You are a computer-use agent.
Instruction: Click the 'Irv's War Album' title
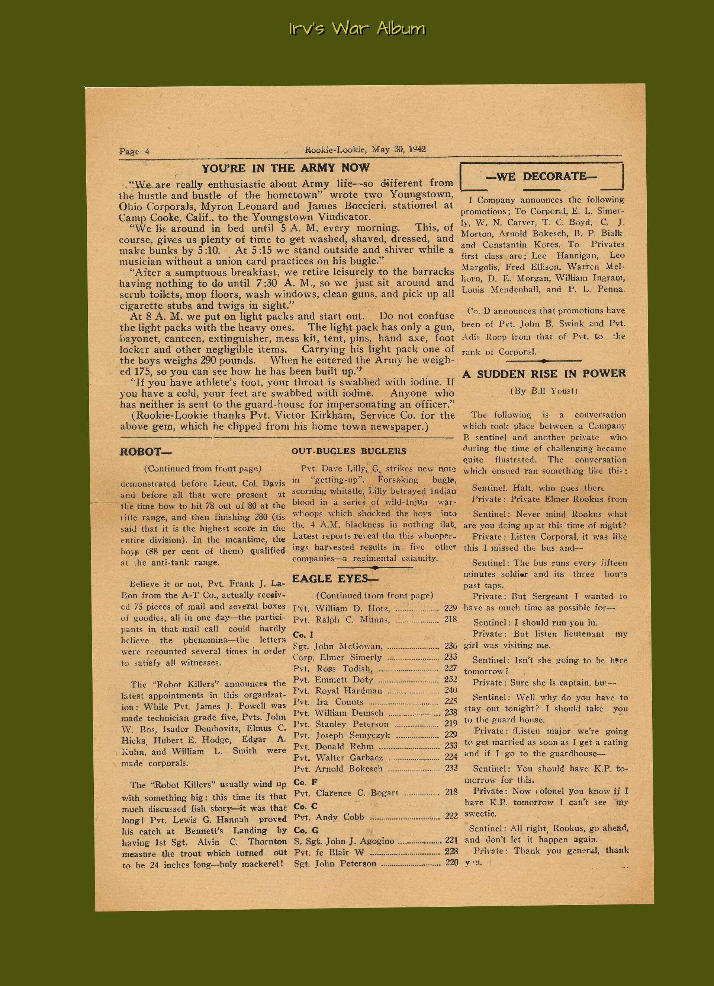coord(357,29)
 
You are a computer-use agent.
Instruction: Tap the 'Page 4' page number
coord(134,151)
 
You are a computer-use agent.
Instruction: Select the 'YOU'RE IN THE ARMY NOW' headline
coord(285,168)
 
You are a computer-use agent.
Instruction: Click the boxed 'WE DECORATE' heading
coord(541,176)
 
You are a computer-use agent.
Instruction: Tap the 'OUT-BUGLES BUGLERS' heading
coord(349,451)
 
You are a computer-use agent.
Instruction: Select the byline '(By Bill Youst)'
coord(544,391)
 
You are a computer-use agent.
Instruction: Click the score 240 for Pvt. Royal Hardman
coord(451,690)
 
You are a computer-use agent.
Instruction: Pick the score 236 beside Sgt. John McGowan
coord(451,646)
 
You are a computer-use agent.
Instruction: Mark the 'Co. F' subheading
coord(306,782)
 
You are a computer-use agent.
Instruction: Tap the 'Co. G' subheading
coord(306,830)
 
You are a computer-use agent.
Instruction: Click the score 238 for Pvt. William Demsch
coord(451,713)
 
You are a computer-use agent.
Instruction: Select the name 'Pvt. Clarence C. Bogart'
coord(346,793)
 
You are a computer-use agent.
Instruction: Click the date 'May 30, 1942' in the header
coord(398,150)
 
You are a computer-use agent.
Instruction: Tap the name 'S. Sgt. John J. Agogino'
coord(344,841)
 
